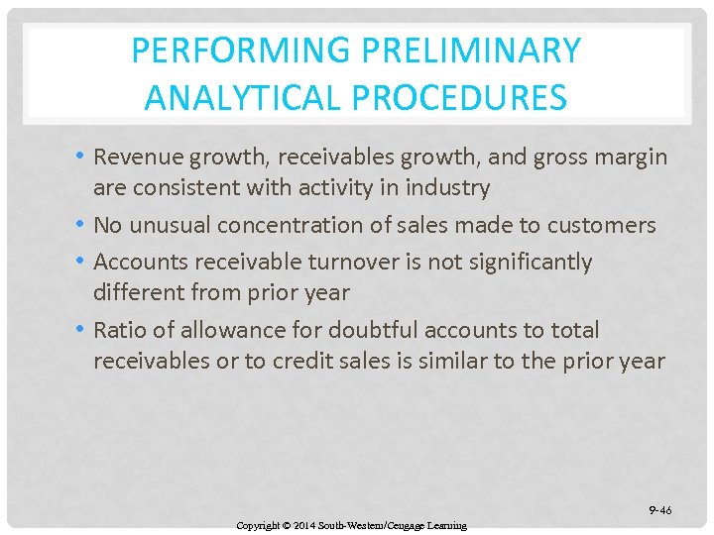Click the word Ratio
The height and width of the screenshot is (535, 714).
click(x=118, y=330)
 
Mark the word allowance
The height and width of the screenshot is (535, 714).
click(x=215, y=330)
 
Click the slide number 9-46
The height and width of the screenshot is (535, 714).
click(x=659, y=510)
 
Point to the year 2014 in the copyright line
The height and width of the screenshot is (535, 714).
click(x=303, y=525)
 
